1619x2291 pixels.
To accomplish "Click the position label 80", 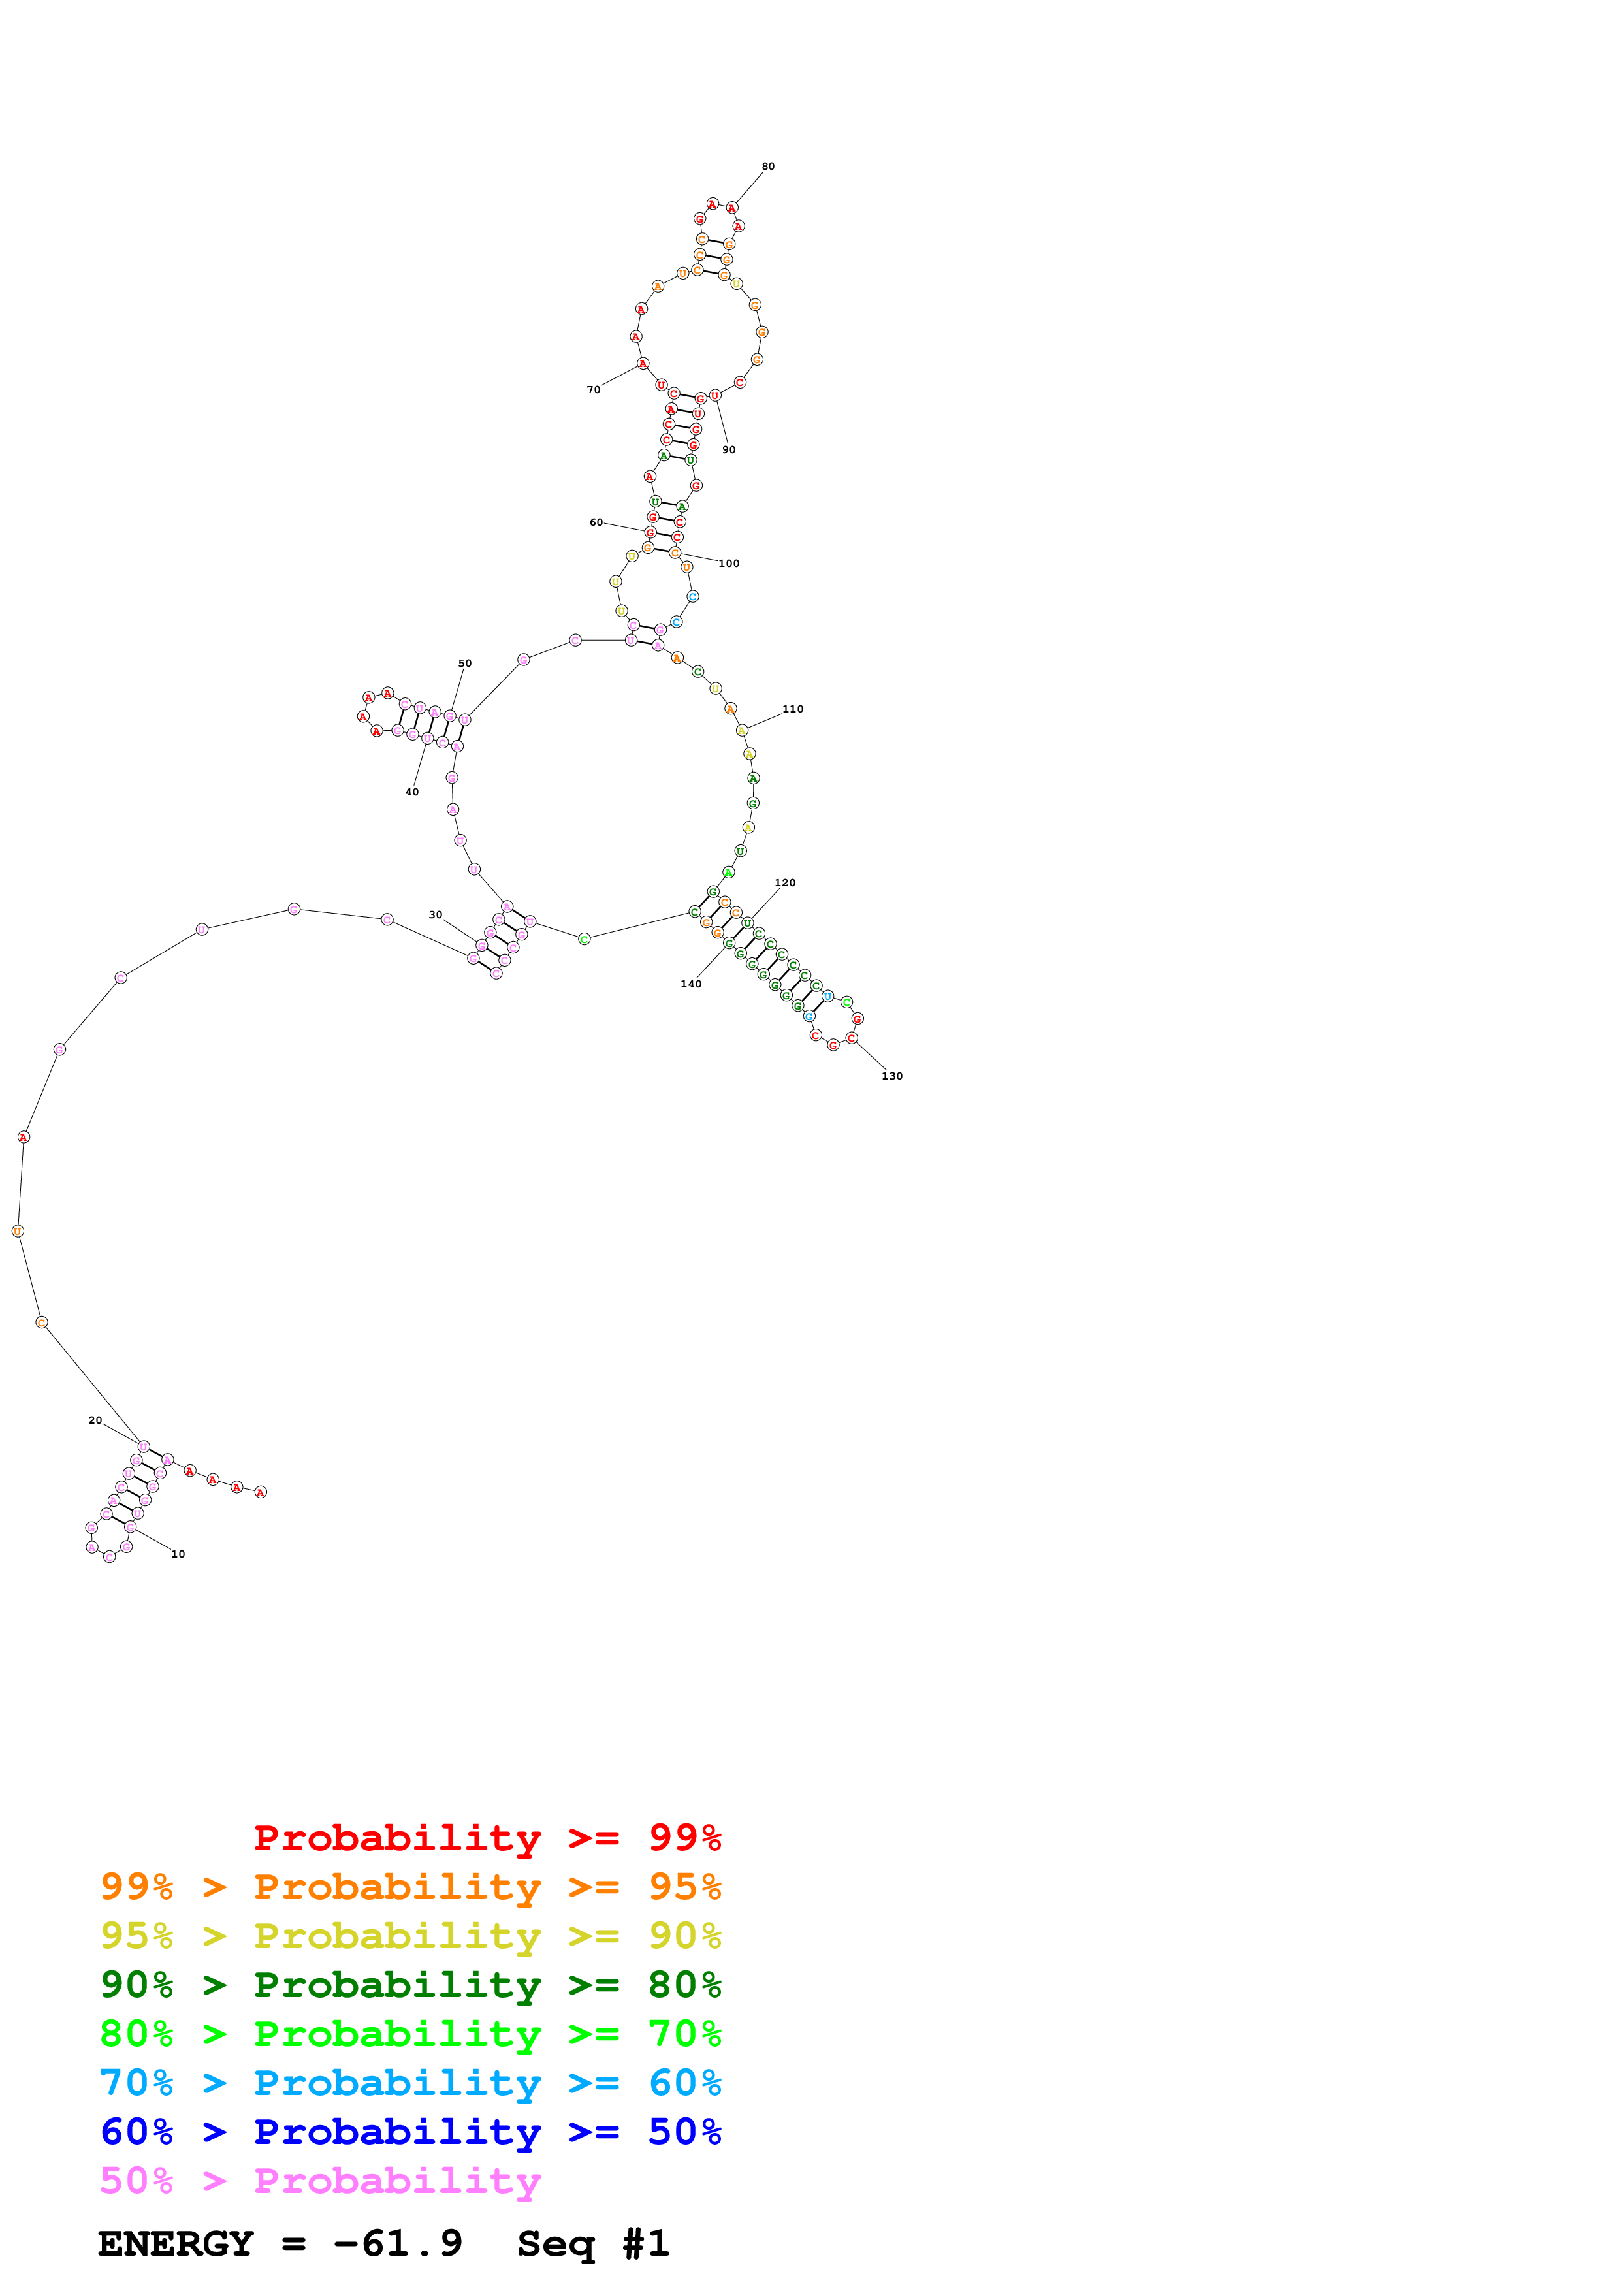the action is point(767,167).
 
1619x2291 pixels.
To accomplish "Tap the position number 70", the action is point(594,390).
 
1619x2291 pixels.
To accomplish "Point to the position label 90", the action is point(729,450).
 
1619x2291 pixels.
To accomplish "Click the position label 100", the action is point(729,564).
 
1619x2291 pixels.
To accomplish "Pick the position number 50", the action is point(465,664).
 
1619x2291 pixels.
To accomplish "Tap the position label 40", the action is point(412,792).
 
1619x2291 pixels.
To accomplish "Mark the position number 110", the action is point(793,709).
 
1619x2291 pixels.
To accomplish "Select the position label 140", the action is point(692,984).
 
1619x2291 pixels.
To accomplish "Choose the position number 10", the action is point(178,1554).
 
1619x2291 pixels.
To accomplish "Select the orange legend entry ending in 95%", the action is point(410,1886).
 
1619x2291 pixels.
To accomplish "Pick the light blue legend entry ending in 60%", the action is point(410,2083).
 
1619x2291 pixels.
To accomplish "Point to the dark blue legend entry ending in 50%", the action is point(410,2132).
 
